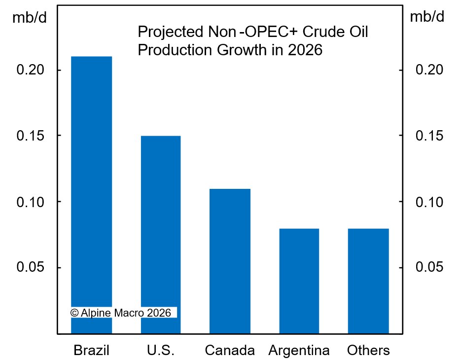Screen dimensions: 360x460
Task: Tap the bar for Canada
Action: [230, 261]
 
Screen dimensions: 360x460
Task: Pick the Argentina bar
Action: [299, 281]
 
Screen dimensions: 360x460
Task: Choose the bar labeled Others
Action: [368, 281]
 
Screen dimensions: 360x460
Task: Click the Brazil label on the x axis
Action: [91, 351]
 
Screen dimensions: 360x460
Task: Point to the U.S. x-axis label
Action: [160, 351]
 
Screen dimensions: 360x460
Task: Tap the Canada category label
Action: [230, 351]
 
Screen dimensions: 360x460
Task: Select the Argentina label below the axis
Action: [299, 351]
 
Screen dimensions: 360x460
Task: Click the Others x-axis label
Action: [368, 351]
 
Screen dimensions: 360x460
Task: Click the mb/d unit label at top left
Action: [29, 18]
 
